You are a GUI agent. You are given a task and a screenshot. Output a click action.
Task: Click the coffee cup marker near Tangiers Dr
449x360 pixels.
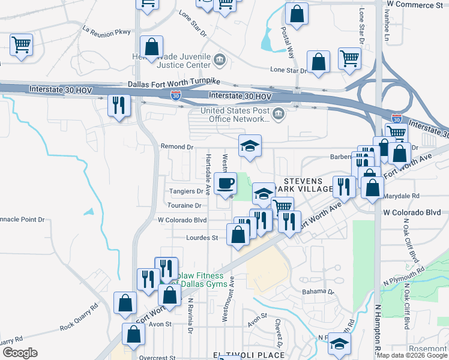point(225,182)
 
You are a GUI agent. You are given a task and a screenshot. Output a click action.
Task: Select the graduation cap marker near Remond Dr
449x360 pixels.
point(250,145)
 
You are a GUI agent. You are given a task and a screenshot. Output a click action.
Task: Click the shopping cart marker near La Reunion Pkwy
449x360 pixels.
point(21,44)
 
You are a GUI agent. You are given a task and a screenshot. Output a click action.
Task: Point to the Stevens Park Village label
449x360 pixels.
point(307,185)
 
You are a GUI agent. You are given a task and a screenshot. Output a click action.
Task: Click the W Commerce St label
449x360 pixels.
point(415,4)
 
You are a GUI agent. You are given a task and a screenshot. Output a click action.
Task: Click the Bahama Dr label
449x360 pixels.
point(318,292)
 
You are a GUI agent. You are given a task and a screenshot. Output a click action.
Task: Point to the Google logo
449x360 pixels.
point(20,353)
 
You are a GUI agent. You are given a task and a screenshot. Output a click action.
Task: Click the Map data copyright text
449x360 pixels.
point(412,355)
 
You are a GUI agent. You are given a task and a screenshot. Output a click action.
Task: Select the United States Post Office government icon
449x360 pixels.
point(279,114)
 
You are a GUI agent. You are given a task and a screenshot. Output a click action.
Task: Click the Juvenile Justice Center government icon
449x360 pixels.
point(219,59)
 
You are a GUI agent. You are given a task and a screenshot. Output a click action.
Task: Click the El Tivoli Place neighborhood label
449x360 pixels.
point(249,355)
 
